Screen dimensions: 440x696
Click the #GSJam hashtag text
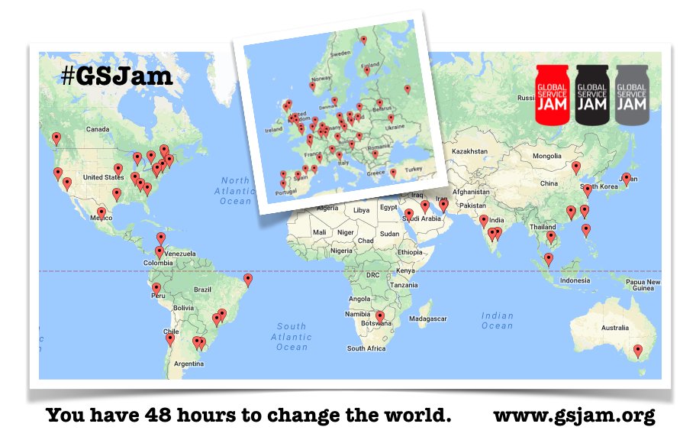(x=117, y=76)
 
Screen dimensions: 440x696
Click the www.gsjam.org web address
(x=574, y=416)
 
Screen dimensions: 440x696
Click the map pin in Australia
(x=638, y=351)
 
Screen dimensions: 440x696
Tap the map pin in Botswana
(x=379, y=316)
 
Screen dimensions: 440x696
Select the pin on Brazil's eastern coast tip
(x=247, y=280)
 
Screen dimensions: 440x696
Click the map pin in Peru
(x=156, y=290)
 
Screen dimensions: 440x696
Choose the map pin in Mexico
(x=101, y=213)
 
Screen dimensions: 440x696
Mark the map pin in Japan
(x=626, y=179)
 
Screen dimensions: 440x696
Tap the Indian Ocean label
(x=497, y=320)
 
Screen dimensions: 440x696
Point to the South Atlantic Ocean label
(x=291, y=336)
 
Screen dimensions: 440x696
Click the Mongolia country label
(x=546, y=156)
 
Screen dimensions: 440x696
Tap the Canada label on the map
(x=98, y=129)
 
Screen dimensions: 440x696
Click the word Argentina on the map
(x=188, y=364)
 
